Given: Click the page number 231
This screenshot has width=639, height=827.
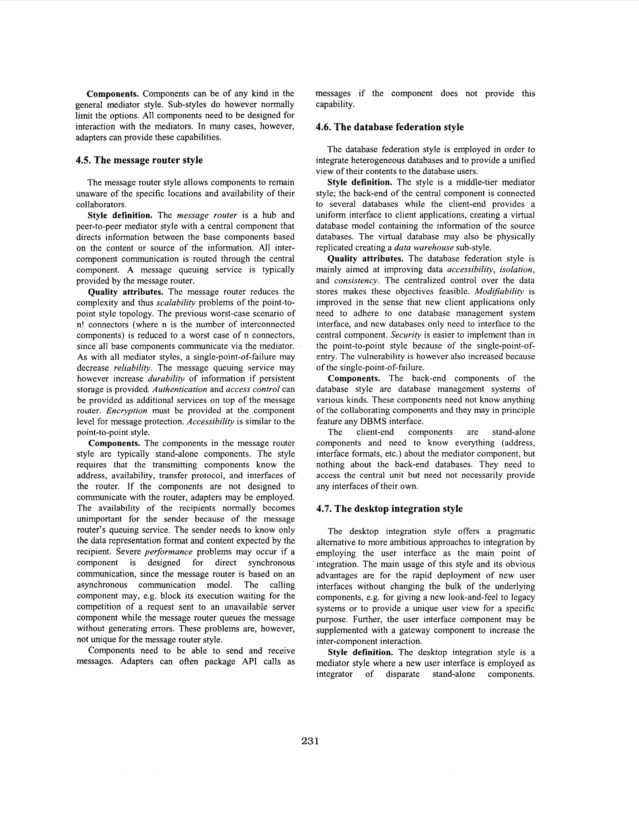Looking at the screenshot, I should [310, 741].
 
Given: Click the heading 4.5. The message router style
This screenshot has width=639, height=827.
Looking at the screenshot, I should [139, 160].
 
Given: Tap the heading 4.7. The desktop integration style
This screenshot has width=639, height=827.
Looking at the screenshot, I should [389, 509].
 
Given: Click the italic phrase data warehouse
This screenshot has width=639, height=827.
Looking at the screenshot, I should [424, 248].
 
